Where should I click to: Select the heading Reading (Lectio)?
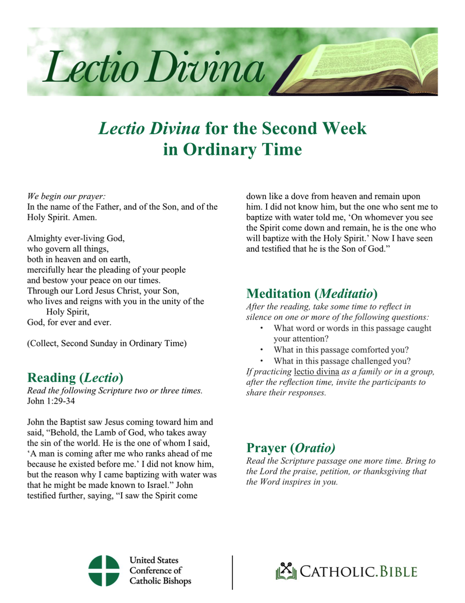[x=75, y=377]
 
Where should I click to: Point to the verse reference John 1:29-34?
[x=49, y=402]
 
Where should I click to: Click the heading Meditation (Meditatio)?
[x=312, y=293]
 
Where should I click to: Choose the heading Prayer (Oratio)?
[x=290, y=447]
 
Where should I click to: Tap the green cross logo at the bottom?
[x=104, y=571]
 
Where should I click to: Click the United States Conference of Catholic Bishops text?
[x=160, y=571]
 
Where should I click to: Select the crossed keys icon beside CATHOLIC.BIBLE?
[x=285, y=571]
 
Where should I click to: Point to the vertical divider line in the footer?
[x=232, y=572]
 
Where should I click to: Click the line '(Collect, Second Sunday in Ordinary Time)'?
[x=106, y=344]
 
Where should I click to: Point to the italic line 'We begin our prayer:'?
[x=66, y=196]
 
